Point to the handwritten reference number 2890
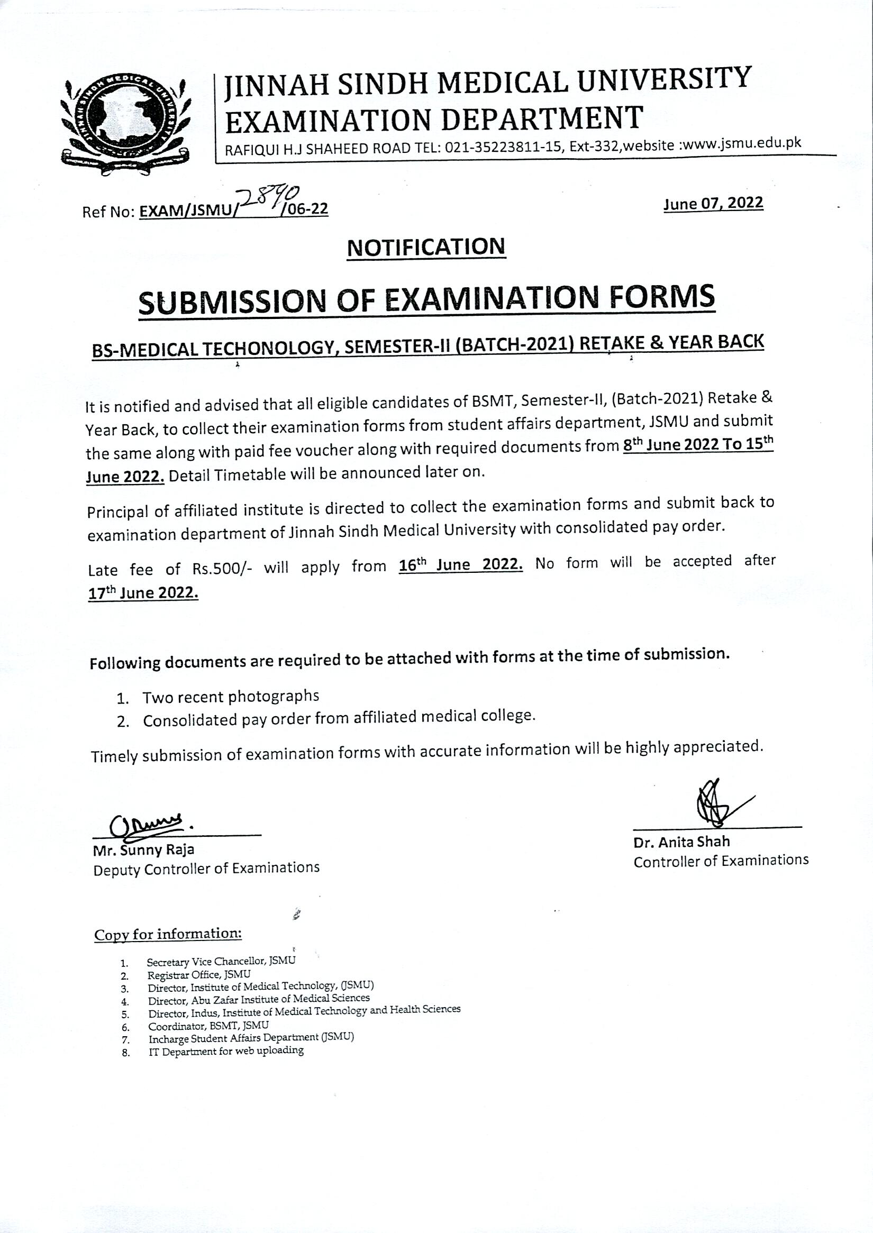coord(268,198)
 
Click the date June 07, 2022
coord(713,203)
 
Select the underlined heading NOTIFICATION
coord(426,246)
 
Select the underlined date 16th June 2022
coord(461,565)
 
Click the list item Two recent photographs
coord(231,697)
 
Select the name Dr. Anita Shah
coord(681,842)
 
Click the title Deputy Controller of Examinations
coord(206,868)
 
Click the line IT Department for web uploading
coord(226,1051)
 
